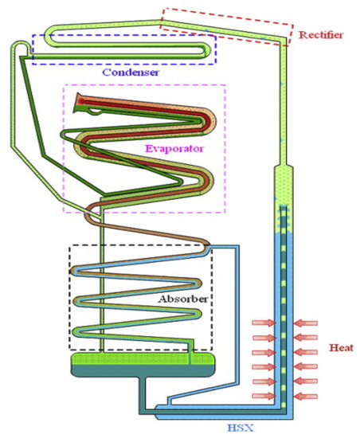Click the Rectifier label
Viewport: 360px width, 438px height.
point(323,34)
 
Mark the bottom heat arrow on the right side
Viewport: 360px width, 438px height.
point(307,396)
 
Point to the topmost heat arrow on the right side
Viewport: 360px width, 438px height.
point(307,323)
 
